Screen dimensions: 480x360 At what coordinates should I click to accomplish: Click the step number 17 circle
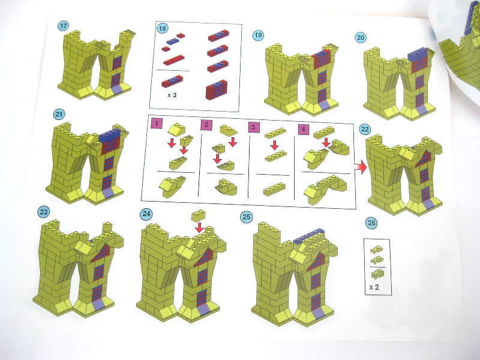pos(63,26)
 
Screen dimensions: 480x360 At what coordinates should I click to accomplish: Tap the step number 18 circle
pos(162,28)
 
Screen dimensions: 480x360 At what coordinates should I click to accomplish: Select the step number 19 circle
pos(259,35)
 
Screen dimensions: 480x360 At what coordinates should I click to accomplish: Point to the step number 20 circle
pos(361,38)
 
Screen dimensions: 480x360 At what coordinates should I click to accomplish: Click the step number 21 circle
pos(59,115)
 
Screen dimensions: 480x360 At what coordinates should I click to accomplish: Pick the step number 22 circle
pos(365,129)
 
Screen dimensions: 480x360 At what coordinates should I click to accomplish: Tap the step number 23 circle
pos(44,212)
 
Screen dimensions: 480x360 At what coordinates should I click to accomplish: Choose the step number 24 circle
pos(146,214)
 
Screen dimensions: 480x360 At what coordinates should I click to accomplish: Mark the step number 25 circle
pos(246,217)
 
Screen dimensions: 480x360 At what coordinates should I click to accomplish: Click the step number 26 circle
pos(371,223)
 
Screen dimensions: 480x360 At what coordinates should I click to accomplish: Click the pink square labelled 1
pos(157,124)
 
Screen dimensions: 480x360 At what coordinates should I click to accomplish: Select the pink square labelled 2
pos(206,125)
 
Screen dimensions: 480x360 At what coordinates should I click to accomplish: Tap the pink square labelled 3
pos(253,127)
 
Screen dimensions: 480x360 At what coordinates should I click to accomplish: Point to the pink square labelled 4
pos(303,130)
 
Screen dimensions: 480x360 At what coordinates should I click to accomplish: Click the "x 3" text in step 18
pos(172,95)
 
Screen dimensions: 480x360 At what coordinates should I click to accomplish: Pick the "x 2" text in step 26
pos(374,287)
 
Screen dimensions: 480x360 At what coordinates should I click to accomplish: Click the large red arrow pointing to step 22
pos(361,167)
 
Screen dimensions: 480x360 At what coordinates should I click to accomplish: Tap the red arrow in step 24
pos(200,227)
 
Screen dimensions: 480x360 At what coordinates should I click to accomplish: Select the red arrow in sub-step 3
pos(275,145)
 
